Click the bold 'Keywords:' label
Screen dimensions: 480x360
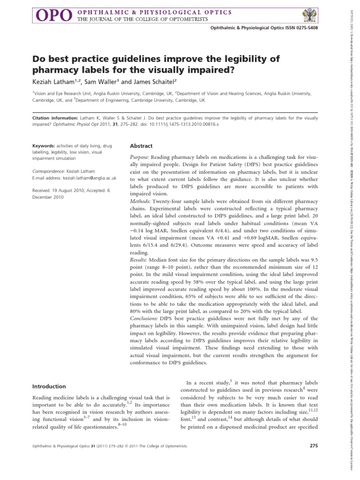coord(43,146)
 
